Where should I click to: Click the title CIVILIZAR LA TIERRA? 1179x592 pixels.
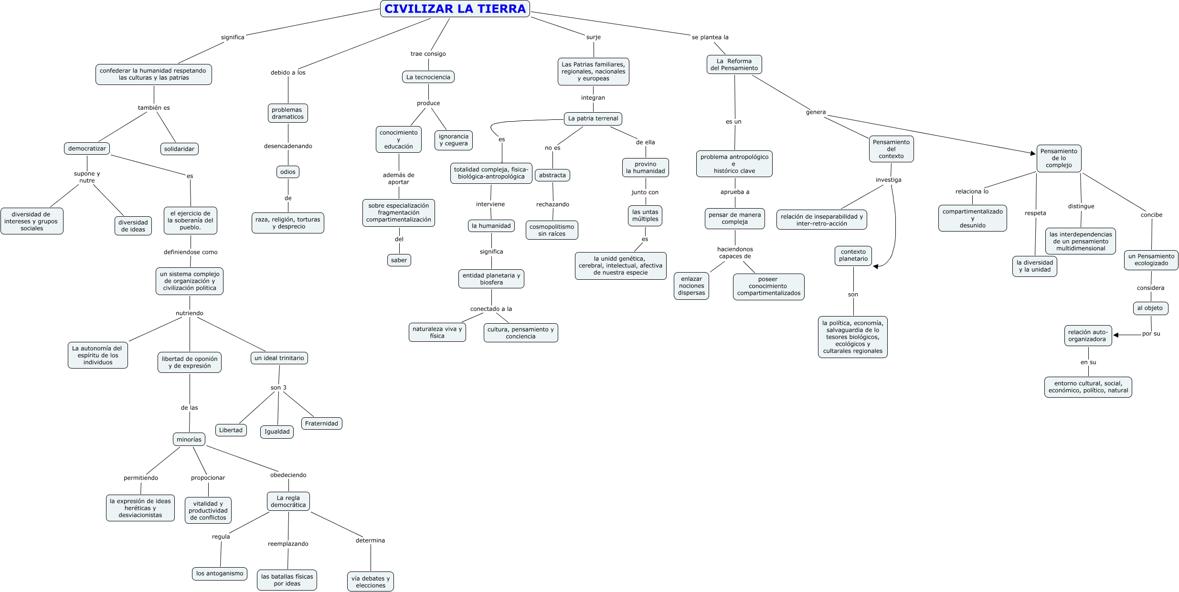point(455,9)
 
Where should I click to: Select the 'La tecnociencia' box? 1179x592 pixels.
point(428,77)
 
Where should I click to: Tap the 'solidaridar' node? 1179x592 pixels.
point(179,149)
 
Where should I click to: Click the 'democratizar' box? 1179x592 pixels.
point(87,148)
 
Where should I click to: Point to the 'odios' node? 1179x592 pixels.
point(288,172)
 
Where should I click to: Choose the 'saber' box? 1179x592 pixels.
point(399,260)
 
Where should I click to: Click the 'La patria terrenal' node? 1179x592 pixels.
point(593,118)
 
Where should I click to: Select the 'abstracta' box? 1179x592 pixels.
point(552,175)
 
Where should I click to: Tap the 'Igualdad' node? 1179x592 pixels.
point(277,432)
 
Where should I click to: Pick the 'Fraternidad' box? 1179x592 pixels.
point(321,423)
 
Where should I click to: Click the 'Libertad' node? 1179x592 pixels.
point(231,430)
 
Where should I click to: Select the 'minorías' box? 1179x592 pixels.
point(189,439)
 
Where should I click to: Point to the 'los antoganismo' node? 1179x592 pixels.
point(220,573)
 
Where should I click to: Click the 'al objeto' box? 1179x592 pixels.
point(1150,308)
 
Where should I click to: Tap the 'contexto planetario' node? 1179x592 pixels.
point(853,255)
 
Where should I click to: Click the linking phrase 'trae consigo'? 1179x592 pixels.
point(428,54)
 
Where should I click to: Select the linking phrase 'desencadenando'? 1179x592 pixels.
point(288,146)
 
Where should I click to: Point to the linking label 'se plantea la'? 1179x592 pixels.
point(710,37)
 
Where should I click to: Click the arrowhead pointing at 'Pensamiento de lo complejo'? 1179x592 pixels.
point(1033,153)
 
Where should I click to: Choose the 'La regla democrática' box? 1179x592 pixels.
point(288,501)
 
